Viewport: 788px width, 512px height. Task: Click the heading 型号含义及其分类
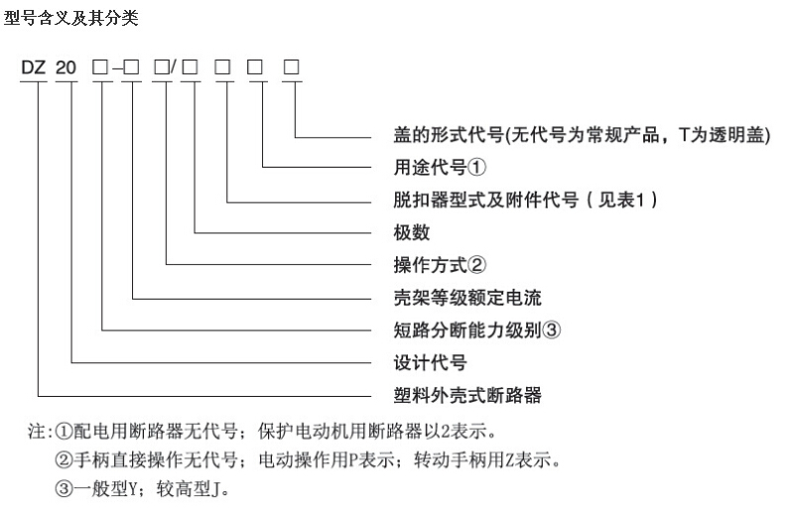[x=70, y=18]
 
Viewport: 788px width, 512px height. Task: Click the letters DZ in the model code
[x=33, y=67]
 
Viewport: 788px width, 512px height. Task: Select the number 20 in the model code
[x=66, y=67]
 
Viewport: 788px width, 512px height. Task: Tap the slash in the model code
[x=173, y=66]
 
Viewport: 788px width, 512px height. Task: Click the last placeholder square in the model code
[x=292, y=66]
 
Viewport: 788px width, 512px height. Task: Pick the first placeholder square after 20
[x=100, y=66]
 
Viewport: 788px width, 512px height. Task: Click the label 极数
[x=412, y=232]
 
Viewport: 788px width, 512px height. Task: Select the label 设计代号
[x=430, y=362]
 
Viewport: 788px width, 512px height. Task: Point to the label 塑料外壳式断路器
[x=467, y=395]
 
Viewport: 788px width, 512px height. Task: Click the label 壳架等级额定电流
[x=467, y=298]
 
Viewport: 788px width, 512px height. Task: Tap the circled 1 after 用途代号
[x=477, y=168]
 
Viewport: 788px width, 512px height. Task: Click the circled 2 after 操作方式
[x=477, y=265]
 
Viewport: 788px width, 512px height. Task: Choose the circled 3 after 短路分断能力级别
[x=551, y=330]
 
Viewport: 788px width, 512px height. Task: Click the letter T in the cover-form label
[x=684, y=135]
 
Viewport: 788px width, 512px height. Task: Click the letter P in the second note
[x=353, y=459]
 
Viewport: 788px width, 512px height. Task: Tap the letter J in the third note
[x=215, y=489]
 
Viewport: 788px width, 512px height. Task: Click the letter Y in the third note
[x=133, y=489]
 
